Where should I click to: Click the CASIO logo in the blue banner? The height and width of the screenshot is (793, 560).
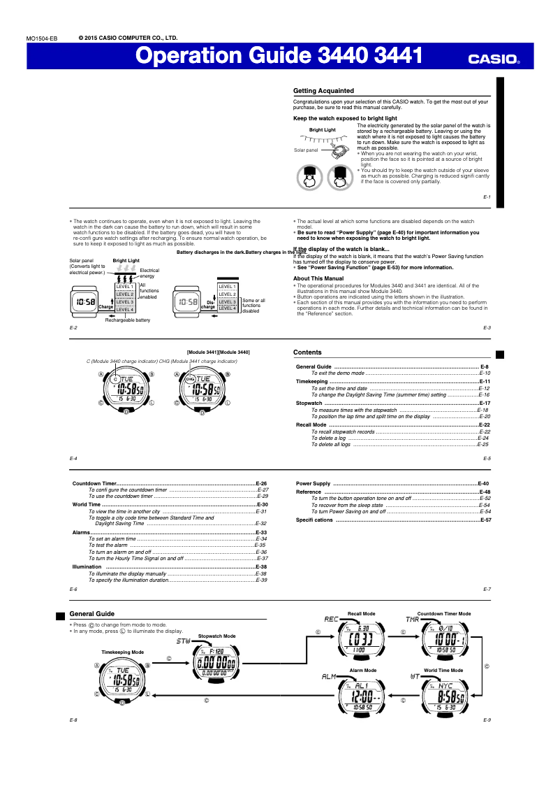point(493,59)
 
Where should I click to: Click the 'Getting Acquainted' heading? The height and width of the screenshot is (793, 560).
point(323,91)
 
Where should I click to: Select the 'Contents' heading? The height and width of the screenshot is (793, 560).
point(307,352)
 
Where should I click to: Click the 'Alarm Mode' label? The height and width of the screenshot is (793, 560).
point(362,670)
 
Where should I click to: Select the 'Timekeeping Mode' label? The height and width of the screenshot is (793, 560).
point(122,652)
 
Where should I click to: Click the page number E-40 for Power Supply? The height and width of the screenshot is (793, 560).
point(483,483)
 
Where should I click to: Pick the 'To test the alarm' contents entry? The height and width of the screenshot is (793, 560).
point(108,545)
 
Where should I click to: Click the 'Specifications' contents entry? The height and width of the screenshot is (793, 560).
point(314,520)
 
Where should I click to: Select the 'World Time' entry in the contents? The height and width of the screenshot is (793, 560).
point(87,504)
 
